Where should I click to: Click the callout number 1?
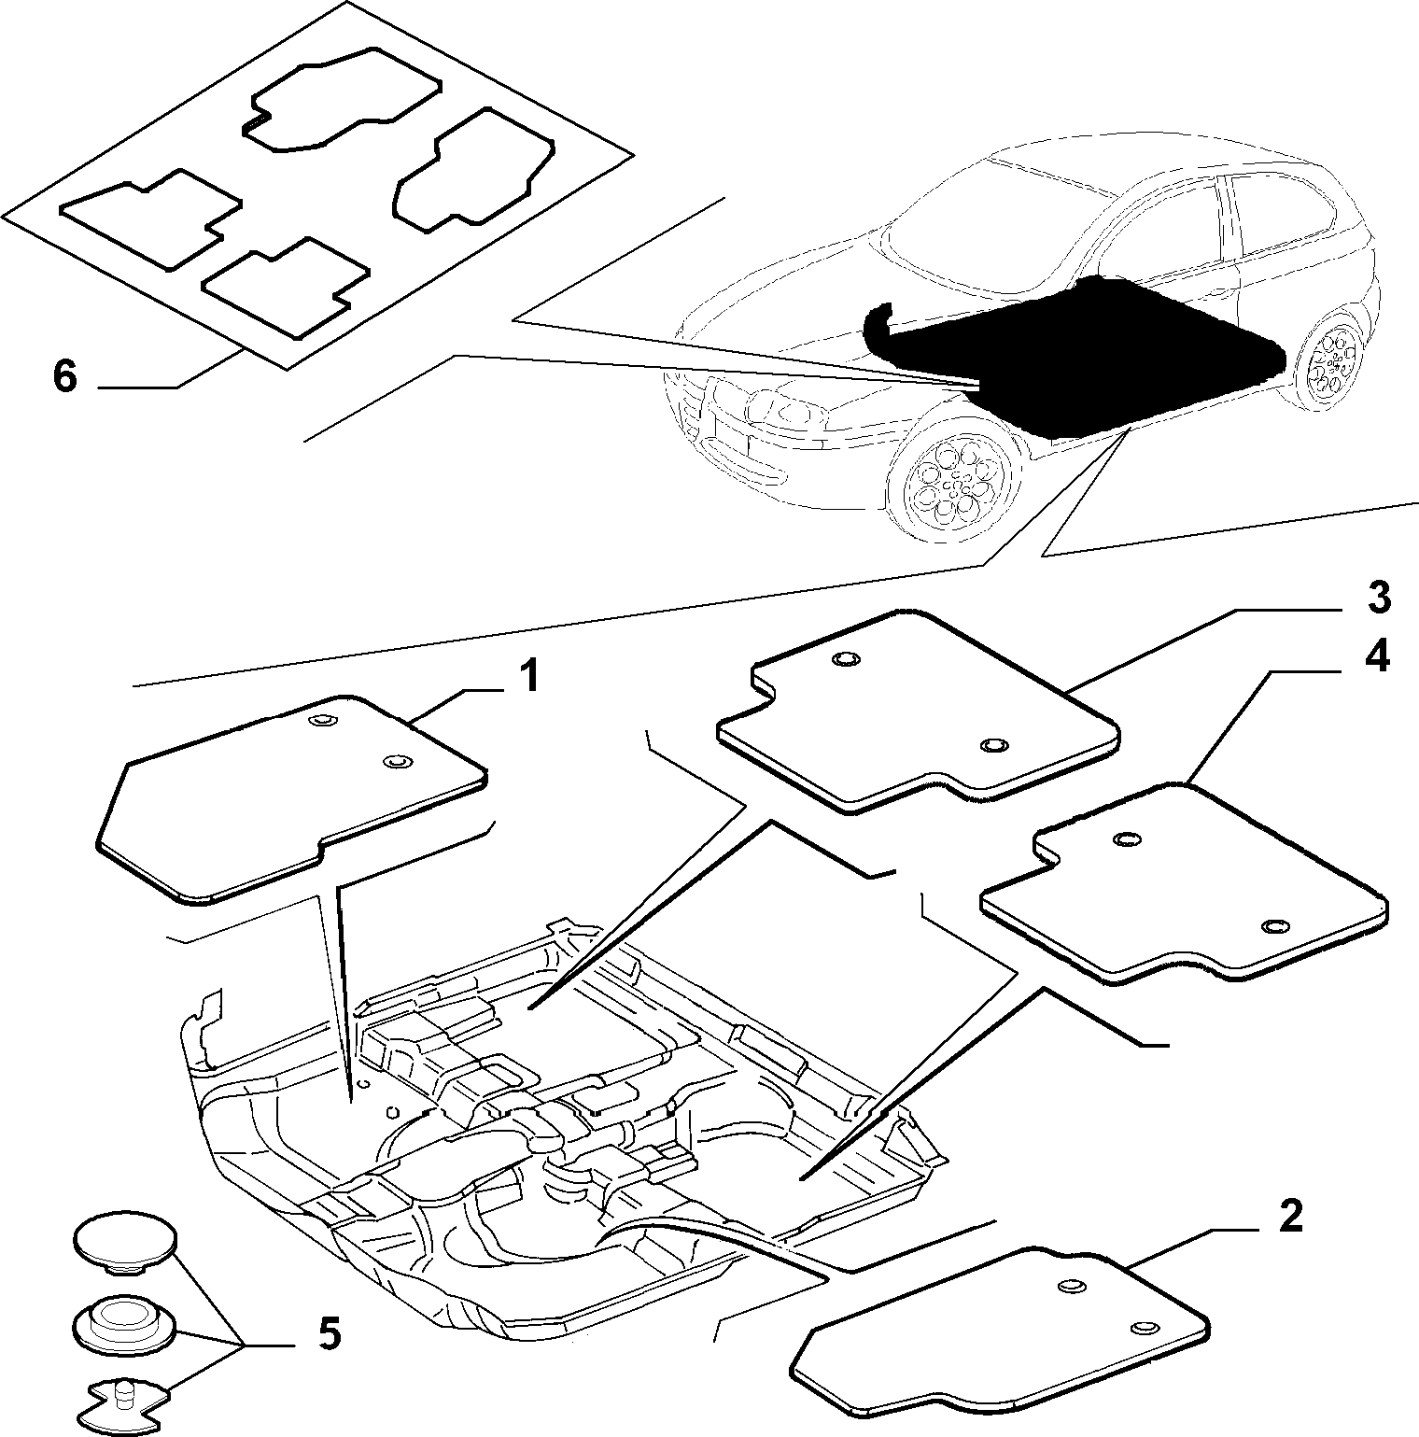coord(528,676)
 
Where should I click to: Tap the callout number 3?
coord(1379,598)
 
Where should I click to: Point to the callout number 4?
coord(1376,657)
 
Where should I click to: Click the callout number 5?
coord(329,1333)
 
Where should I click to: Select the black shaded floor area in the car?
coord(1074,355)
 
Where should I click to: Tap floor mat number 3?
coord(920,710)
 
